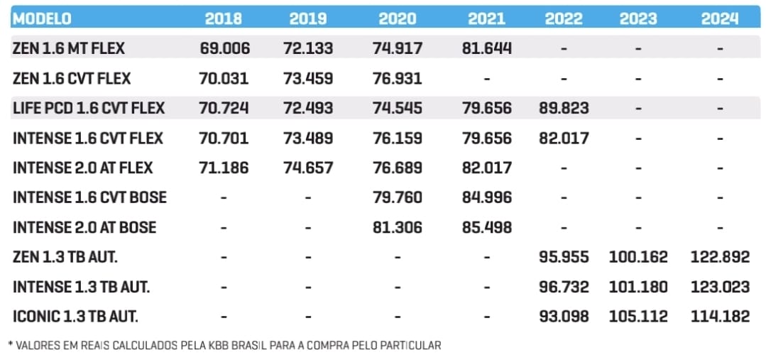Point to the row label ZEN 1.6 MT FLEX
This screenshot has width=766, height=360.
[x=68, y=48]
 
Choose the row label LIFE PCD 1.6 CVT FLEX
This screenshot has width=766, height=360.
[x=88, y=108]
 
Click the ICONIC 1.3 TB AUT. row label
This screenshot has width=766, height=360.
[x=75, y=316]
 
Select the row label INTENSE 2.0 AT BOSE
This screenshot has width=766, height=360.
[x=84, y=227]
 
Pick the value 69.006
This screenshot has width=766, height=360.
[x=224, y=48]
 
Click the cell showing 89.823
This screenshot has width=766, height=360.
[x=563, y=108]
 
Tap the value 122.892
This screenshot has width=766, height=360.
[x=720, y=257]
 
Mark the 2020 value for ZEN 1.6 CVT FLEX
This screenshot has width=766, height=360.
[x=397, y=78]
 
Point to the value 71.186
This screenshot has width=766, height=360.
[x=224, y=168]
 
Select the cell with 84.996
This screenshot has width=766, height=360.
[x=486, y=197]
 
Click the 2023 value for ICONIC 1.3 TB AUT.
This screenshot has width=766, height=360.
[x=638, y=316]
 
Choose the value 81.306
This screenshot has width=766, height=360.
[x=397, y=227]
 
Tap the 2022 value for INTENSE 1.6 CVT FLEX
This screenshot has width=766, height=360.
[x=563, y=138]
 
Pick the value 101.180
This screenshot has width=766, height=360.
[x=638, y=287]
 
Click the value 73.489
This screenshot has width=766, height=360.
[x=308, y=138]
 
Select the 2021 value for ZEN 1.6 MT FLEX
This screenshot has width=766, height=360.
[x=486, y=48]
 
